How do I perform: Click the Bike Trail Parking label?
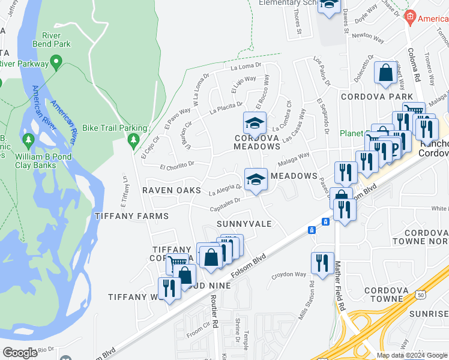pyautogui.click(x=114, y=128)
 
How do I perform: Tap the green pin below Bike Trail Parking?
pyautogui.click(x=133, y=141)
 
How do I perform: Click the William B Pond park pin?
pyautogui.click(x=28, y=140)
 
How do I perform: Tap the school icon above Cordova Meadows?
pyautogui.click(x=255, y=124)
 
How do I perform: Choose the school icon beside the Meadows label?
pyautogui.click(x=256, y=179)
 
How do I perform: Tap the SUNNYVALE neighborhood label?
pyautogui.click(x=244, y=224)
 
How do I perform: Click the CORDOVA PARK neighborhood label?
pyautogui.click(x=376, y=97)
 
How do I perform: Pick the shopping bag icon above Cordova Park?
pyautogui.click(x=385, y=73)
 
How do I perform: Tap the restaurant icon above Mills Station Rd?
pyautogui.click(x=322, y=263)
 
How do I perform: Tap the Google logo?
pyautogui.click(x=20, y=353)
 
